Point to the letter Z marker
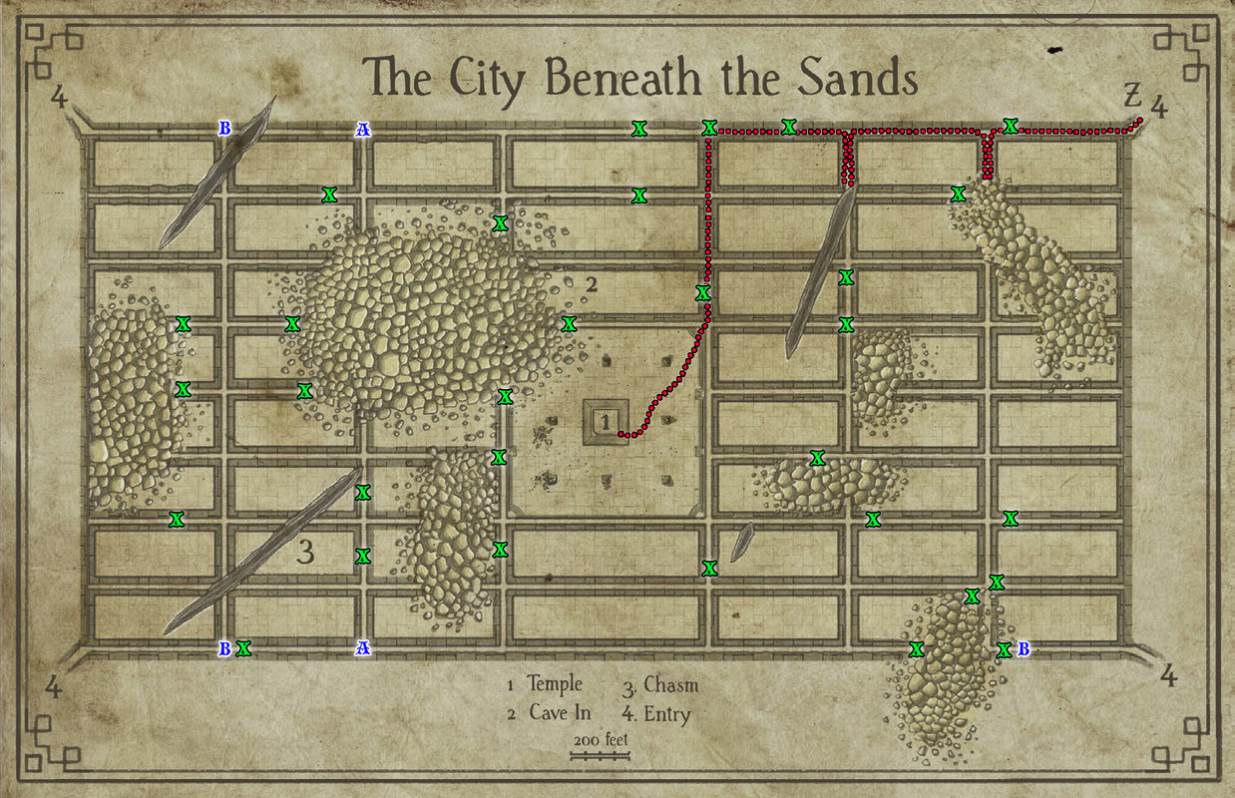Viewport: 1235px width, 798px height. [1131, 97]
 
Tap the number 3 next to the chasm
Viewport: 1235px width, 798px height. [307, 551]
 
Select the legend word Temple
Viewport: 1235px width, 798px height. [554, 685]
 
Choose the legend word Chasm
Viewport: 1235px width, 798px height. [670, 685]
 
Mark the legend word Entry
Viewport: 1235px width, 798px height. [666, 713]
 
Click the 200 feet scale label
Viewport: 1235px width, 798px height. [600, 740]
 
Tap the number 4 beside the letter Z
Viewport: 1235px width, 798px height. [1158, 104]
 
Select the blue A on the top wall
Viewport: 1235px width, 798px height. [363, 130]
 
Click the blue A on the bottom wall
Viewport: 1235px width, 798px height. [363, 649]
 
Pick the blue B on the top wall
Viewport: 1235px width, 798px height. [224, 129]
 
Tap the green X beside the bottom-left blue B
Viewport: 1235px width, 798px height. [242, 649]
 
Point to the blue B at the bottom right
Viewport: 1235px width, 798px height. [1023, 649]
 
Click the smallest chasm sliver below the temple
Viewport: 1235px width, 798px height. [741, 542]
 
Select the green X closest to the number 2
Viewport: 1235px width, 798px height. [569, 323]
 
